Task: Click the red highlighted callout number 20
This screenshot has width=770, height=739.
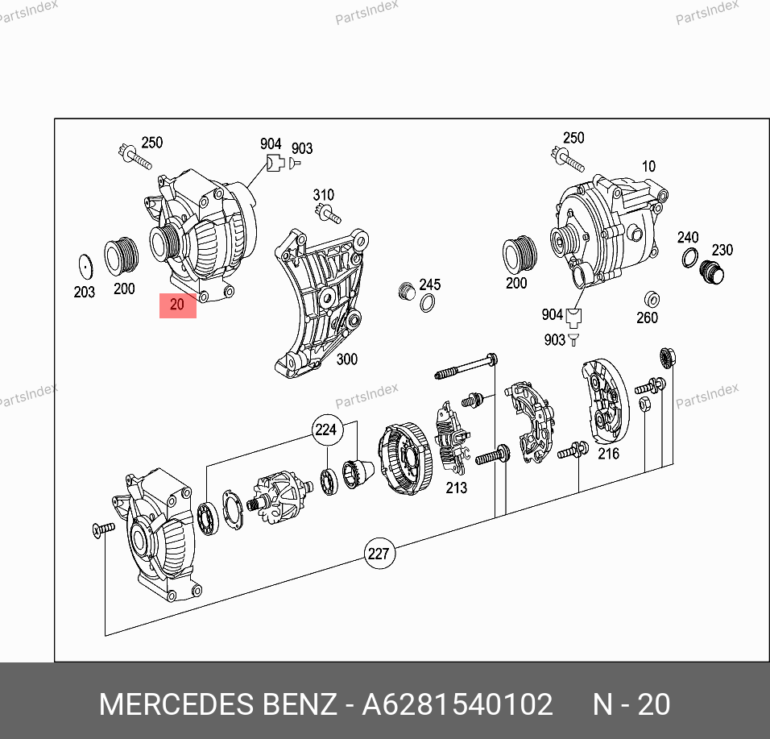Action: [x=177, y=305]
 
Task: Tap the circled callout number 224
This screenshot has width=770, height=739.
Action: [x=326, y=430]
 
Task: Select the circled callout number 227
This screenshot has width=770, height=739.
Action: [x=379, y=554]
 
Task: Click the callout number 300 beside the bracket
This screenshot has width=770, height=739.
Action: [x=346, y=359]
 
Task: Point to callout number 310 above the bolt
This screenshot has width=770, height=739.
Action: [x=324, y=195]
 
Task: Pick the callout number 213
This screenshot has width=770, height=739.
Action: [x=456, y=488]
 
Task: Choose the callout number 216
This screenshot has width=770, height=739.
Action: [x=608, y=454]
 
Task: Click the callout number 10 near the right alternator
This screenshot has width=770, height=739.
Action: [x=648, y=167]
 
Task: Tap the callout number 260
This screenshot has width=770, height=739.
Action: [x=648, y=318]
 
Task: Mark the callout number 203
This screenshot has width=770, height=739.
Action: [x=84, y=293]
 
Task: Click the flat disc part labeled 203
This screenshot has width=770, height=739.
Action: [x=85, y=266]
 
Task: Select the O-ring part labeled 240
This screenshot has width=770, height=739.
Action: [x=690, y=258]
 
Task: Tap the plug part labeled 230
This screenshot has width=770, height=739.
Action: [x=711, y=272]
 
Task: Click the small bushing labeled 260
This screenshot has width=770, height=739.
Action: [x=652, y=299]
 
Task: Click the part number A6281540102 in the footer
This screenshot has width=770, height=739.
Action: [x=457, y=704]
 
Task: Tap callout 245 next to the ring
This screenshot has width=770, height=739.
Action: [x=429, y=284]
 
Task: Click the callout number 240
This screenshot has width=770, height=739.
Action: [x=688, y=237]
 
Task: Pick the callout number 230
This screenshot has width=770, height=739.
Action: [x=722, y=250]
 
